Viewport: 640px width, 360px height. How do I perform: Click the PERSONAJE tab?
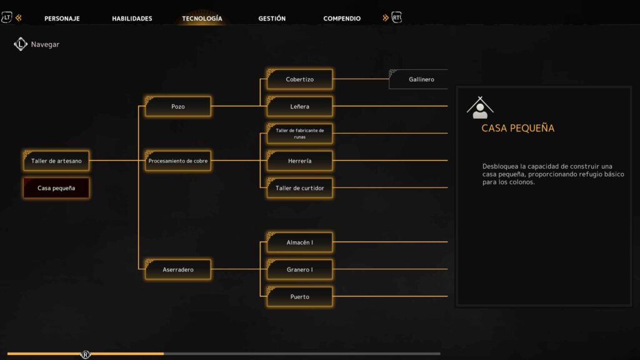(x=62, y=18)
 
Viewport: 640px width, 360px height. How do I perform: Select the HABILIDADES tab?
(x=132, y=18)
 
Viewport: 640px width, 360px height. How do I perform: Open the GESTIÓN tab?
(x=272, y=18)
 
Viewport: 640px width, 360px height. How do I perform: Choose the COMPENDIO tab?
(x=342, y=18)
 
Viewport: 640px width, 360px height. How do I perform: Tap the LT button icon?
(x=6, y=17)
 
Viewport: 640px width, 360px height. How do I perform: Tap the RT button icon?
(x=396, y=17)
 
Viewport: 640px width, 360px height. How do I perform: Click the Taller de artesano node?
(x=56, y=161)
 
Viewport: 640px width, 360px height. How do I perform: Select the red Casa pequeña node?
(x=56, y=188)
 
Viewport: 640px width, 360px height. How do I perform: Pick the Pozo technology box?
(x=178, y=106)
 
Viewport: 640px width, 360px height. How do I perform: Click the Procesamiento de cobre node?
(x=178, y=161)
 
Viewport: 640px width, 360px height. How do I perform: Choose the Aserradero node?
(x=178, y=269)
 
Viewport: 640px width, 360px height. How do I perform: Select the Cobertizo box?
(x=299, y=79)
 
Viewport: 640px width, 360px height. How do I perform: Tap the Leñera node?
(x=299, y=106)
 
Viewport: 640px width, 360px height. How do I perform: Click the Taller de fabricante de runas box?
(x=299, y=134)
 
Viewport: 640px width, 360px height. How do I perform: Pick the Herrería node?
(x=299, y=161)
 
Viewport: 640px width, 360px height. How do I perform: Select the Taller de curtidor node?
(x=299, y=188)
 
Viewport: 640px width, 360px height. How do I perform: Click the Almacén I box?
(x=299, y=242)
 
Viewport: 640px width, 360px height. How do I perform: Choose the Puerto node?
(x=299, y=297)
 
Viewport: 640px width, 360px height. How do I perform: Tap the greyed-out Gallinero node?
(x=418, y=79)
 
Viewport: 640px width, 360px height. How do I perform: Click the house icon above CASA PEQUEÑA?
(x=480, y=107)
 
